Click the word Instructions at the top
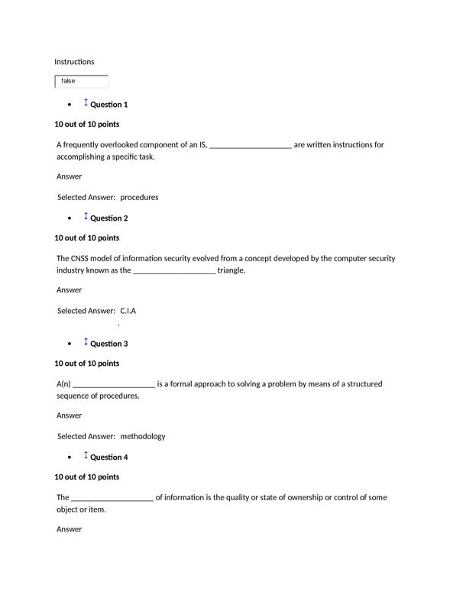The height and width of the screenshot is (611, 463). pos(74,61)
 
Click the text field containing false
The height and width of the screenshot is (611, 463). pos(82,81)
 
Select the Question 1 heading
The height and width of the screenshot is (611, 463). pos(108,105)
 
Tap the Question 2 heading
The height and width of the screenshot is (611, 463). pos(108,218)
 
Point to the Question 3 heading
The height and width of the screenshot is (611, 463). pos(108,344)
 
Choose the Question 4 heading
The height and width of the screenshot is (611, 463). pos(108,457)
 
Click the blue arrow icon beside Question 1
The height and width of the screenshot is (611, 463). pos(86,103)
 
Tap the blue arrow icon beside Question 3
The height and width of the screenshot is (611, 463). pos(86,342)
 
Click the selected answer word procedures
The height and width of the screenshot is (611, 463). pos(139,197)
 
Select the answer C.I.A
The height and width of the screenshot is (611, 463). pos(128,311)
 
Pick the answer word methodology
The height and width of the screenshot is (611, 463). pos(142,437)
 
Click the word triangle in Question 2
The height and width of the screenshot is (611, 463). pos(231,270)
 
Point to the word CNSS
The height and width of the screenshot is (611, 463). pos(84,258)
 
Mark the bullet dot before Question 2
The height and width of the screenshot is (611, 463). pos(70,219)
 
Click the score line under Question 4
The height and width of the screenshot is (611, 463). pos(86,477)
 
